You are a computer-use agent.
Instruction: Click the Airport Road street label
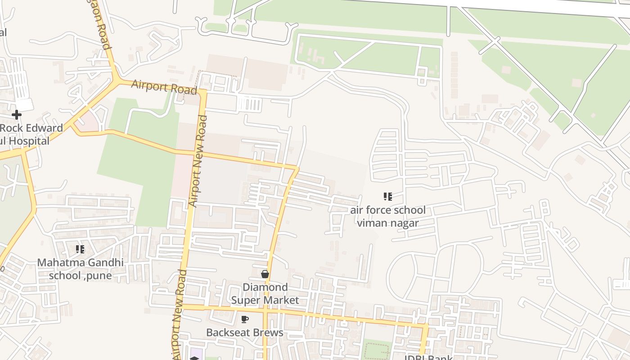pos(164,87)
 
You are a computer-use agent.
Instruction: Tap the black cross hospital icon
pos(17,115)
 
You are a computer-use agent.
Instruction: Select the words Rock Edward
pos(31,128)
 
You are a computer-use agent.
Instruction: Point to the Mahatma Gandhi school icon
pos(80,249)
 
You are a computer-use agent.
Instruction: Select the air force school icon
pos(387,196)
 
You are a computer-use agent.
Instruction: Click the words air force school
pos(388,210)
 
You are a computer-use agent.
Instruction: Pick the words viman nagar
pos(388,223)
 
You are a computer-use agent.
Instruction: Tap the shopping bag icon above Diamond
pos(265,274)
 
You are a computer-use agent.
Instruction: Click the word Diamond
pos(265,287)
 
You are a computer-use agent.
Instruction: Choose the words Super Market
pos(265,300)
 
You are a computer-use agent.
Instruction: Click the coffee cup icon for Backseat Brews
pos(244,319)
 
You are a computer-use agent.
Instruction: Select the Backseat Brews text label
pos(245,333)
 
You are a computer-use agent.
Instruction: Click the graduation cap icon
pos(194,358)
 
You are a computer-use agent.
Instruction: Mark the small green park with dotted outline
pos(376,350)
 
